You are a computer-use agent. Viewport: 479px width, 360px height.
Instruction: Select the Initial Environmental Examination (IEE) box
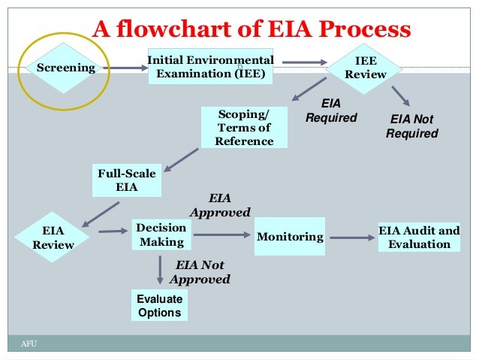(x=210, y=66)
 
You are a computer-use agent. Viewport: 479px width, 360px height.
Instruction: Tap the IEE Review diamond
(x=365, y=67)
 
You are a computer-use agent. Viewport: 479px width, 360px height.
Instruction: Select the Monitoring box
(x=290, y=237)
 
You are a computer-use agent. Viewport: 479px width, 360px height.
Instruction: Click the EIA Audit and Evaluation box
(x=419, y=237)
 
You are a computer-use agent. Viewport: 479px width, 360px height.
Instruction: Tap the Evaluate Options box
(x=159, y=305)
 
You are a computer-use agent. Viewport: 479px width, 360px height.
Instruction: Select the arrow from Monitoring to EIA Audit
(x=352, y=237)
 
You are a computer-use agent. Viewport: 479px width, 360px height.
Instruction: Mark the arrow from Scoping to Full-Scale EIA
(x=180, y=159)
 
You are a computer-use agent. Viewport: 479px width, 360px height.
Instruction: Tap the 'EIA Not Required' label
(x=411, y=126)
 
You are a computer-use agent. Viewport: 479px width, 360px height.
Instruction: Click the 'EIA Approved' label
(x=219, y=205)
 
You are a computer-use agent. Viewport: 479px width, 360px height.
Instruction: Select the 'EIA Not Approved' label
(x=200, y=272)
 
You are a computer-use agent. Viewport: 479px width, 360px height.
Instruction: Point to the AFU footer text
(x=29, y=343)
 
